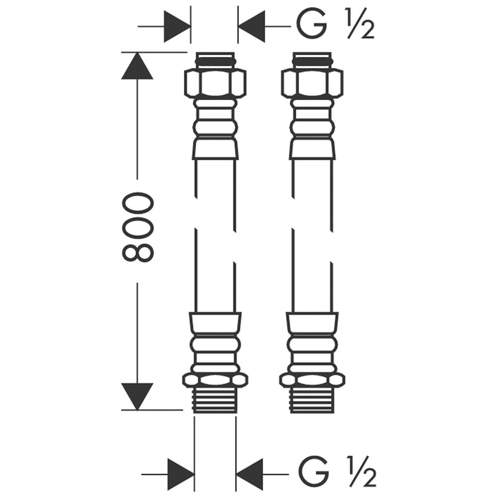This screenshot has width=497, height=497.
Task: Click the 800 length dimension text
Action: (x=138, y=228)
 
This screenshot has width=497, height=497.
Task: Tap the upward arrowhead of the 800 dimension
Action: (x=137, y=66)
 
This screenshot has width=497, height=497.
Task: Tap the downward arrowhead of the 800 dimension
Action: (x=137, y=397)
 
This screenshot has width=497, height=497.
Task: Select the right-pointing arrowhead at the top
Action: (x=177, y=26)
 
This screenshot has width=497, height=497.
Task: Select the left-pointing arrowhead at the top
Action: (x=251, y=26)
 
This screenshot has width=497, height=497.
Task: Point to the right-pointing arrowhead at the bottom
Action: (x=181, y=474)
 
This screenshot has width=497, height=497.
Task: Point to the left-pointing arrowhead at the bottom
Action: (x=249, y=474)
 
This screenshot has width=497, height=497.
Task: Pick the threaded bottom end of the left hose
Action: (x=215, y=400)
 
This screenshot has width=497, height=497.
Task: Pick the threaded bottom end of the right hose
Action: (x=312, y=400)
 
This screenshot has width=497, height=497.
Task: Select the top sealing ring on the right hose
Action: (x=312, y=60)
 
